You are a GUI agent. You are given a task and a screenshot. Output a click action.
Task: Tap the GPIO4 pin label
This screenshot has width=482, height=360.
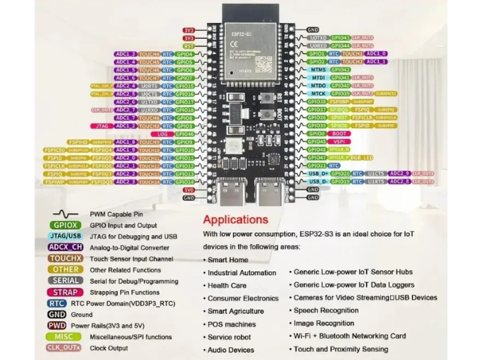[x=185, y=54]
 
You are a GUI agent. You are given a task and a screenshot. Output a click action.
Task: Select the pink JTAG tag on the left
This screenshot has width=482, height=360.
[x=103, y=126]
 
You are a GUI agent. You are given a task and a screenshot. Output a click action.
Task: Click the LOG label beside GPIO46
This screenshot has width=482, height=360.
[x=163, y=134]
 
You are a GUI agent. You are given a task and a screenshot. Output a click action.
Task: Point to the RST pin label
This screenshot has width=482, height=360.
[x=189, y=45]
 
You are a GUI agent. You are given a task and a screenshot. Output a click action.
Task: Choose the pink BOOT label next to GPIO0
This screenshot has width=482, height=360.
[x=339, y=134]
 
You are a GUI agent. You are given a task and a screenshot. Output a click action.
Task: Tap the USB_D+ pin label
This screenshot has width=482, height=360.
[x=317, y=174]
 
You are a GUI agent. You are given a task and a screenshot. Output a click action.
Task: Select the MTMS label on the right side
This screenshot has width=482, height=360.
[x=318, y=70]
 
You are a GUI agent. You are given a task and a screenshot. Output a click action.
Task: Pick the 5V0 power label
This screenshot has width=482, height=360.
[x=189, y=190]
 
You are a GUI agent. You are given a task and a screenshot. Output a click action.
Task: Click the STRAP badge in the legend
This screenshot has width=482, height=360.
[x=66, y=292]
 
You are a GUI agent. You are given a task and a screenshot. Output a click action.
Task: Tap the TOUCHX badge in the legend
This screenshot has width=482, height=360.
[x=66, y=258]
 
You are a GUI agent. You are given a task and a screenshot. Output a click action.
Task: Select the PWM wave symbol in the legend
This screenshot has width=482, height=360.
[x=66, y=214]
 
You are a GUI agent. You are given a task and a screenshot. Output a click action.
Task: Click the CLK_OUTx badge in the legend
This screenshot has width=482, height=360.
[x=66, y=347]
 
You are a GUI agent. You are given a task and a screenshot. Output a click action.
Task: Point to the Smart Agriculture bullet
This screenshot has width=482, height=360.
[x=235, y=311]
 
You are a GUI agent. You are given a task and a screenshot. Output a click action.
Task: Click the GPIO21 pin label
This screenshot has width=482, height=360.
[x=317, y=166]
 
